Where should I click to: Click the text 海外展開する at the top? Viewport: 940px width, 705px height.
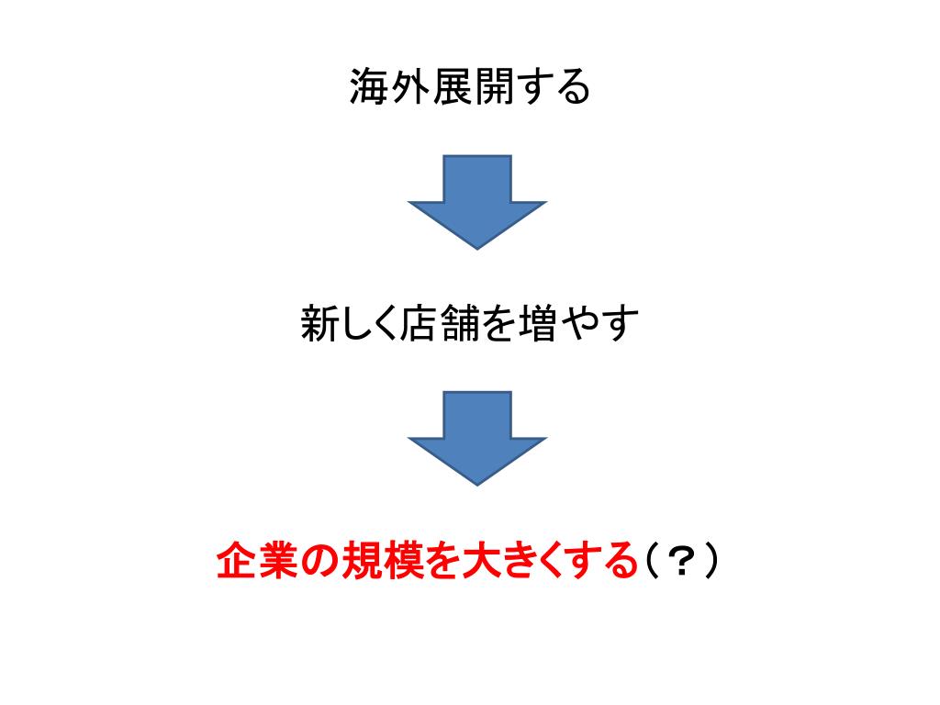[x=468, y=88]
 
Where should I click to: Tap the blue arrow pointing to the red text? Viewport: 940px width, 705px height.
[x=476, y=437]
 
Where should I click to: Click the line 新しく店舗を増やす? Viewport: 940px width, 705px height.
[x=469, y=325]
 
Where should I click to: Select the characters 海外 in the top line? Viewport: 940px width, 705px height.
[x=388, y=88]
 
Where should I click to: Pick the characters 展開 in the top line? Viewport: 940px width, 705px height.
[x=469, y=88]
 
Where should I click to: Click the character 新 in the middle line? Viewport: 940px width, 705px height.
[x=321, y=325]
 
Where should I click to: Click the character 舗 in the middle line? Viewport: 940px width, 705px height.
[x=463, y=325]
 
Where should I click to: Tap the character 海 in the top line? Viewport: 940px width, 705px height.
[x=368, y=88]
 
